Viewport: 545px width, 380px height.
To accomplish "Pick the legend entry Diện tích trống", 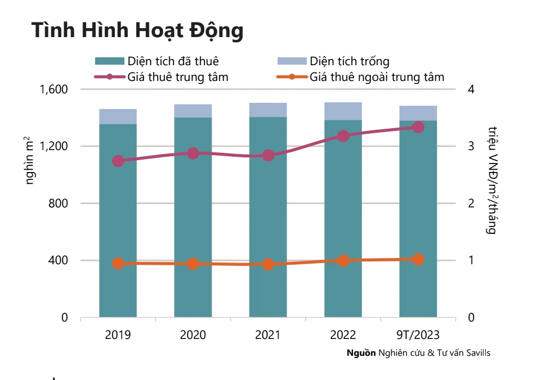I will pos(349,61).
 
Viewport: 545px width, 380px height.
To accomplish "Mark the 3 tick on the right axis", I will pos(471,146).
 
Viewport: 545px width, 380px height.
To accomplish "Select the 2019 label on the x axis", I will pos(118,335).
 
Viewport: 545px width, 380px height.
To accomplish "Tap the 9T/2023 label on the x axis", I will pos(418,335).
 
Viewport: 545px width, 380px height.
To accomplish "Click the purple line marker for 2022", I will pos(343,136).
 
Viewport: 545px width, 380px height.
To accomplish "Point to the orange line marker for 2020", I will pos(193,264).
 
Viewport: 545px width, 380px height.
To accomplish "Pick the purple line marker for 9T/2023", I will pos(418,127).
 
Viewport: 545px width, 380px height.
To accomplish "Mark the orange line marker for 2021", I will pos(268,264).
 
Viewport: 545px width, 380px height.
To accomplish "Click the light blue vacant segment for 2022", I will pos(343,111).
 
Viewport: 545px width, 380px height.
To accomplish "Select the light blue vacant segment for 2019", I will pos(118,116).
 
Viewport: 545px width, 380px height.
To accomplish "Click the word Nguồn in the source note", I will pos(361,353).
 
